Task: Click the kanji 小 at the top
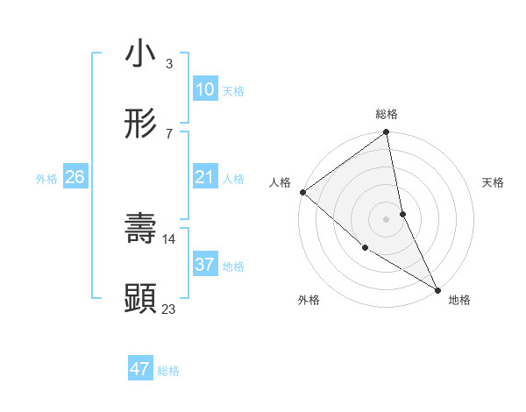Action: tap(141, 54)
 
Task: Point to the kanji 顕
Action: tap(141, 299)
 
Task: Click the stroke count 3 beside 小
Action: tap(168, 63)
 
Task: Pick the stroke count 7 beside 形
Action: tap(168, 133)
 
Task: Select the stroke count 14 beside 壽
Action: tap(169, 238)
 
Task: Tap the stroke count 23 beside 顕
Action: tap(169, 309)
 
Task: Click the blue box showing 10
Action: tap(204, 89)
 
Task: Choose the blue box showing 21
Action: tap(204, 177)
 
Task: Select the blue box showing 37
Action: tap(204, 265)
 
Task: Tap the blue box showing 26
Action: tap(75, 177)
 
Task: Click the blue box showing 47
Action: tap(140, 369)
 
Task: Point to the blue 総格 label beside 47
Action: tap(168, 371)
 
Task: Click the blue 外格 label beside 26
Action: tap(46, 179)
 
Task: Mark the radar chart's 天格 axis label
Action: tap(494, 182)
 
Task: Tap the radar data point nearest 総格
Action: tap(386, 133)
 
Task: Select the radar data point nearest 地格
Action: tap(437, 288)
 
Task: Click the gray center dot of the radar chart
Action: tap(386, 218)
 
